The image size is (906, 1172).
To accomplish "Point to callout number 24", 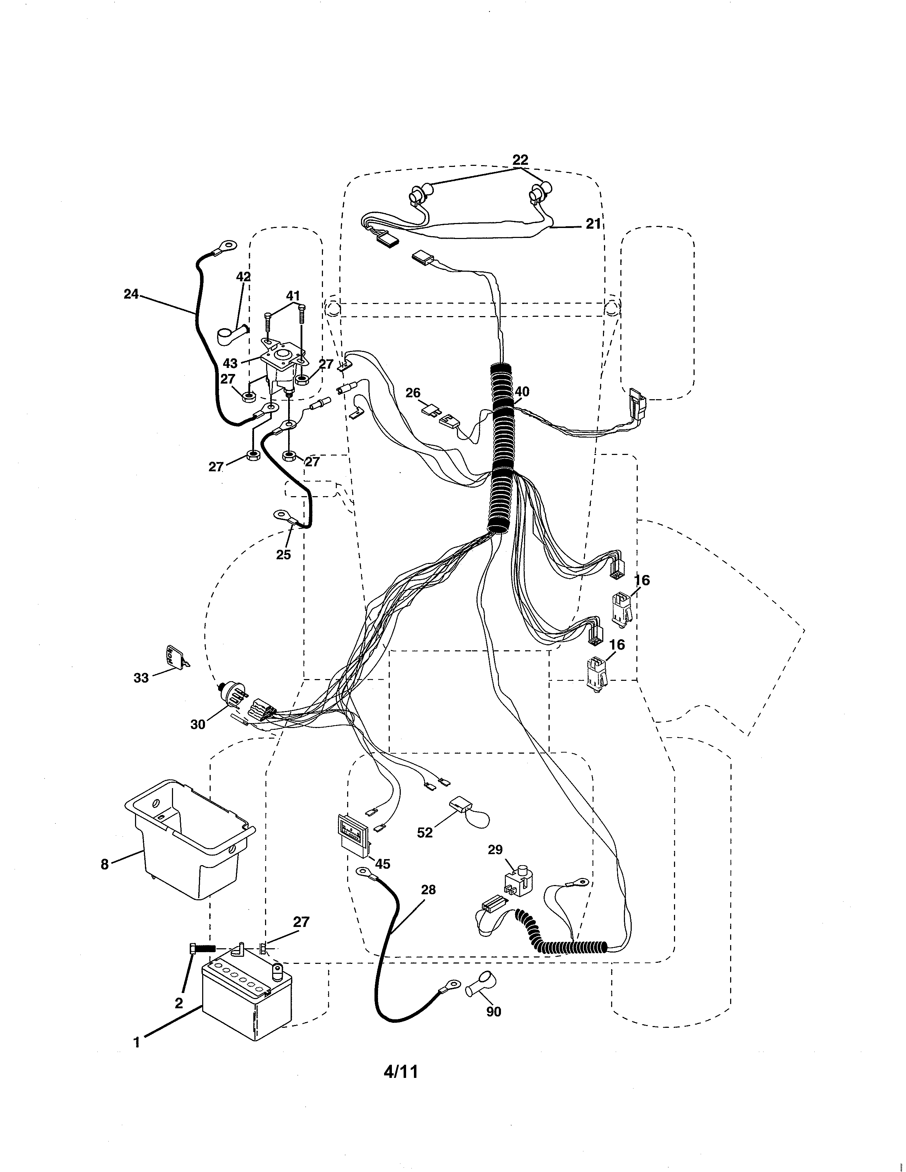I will [x=131, y=294].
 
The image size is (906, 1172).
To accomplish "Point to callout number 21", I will [x=593, y=224].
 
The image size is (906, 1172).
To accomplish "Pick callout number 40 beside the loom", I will [x=522, y=392].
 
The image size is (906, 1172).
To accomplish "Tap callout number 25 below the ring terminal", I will [x=284, y=554].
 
